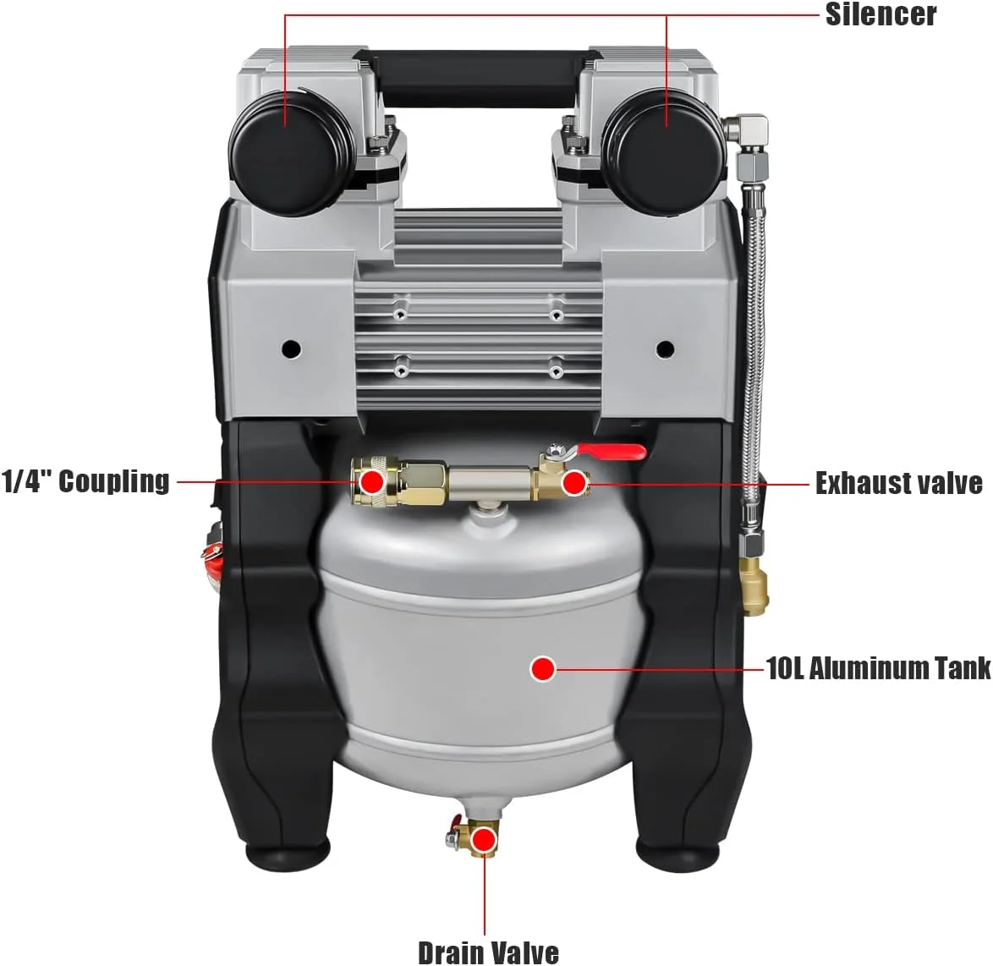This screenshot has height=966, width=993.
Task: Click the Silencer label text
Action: [x=881, y=14]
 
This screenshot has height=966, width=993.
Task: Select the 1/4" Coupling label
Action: [x=85, y=481]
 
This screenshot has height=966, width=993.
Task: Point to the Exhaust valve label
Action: [x=898, y=483]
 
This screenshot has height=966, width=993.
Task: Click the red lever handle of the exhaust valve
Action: [x=611, y=451]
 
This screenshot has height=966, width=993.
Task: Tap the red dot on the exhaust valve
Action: [x=574, y=483]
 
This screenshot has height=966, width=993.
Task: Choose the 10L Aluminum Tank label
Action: [x=878, y=668]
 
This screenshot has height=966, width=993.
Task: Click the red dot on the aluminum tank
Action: [x=543, y=668]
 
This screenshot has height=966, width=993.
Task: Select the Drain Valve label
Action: [x=488, y=952]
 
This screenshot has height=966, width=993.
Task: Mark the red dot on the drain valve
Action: [x=485, y=840]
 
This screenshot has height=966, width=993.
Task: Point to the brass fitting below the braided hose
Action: [x=753, y=586]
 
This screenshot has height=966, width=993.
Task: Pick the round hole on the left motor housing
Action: [x=291, y=349]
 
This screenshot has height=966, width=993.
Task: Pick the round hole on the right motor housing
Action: [x=665, y=349]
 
